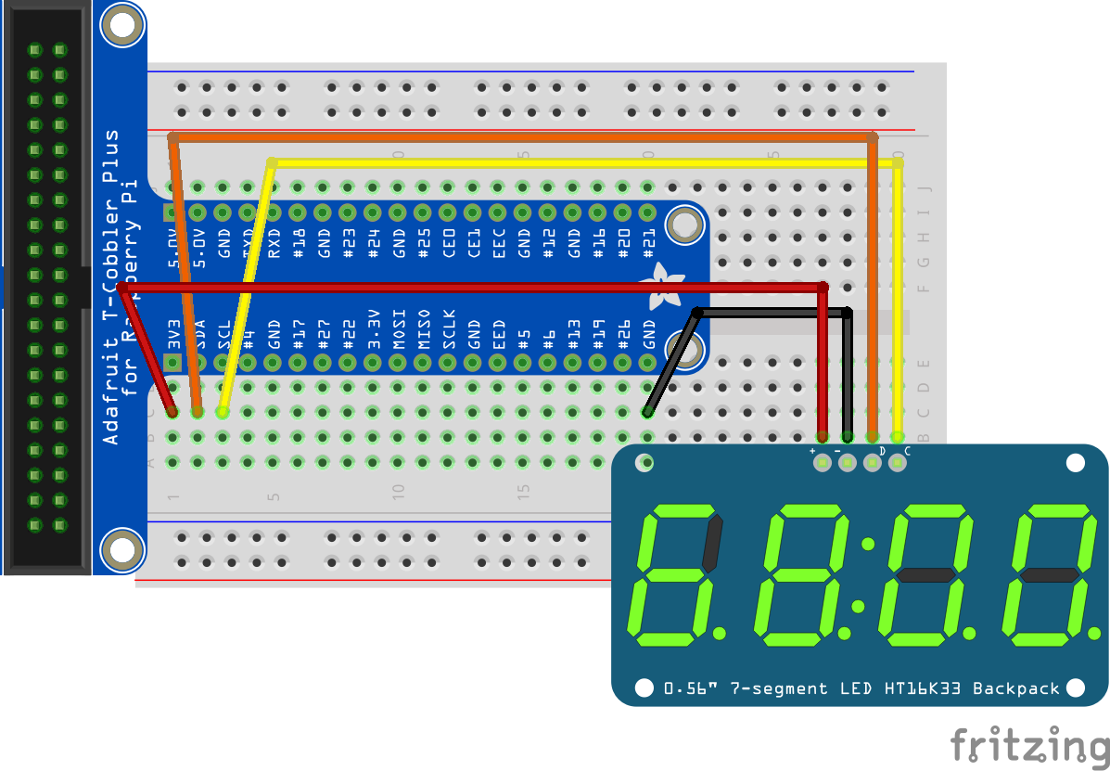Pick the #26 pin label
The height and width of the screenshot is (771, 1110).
pyautogui.click(x=624, y=332)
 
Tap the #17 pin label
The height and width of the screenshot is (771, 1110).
pyautogui.click(x=299, y=332)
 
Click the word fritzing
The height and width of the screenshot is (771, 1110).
pyautogui.click(x=1029, y=745)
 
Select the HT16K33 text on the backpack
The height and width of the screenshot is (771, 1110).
pyautogui.click(x=928, y=688)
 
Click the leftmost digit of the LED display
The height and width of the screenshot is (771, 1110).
pyautogui.click(x=678, y=575)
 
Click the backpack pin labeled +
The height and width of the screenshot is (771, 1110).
pyautogui.click(x=822, y=461)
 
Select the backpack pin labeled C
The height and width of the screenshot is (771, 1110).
pyautogui.click(x=897, y=461)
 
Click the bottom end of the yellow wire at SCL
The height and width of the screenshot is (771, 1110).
pyautogui.click(x=222, y=411)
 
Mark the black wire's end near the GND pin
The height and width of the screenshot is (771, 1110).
pyautogui.click(x=647, y=411)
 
